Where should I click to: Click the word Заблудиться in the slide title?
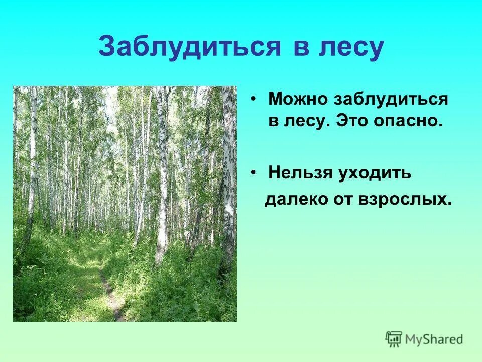(189, 47)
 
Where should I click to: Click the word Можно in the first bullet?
(297, 99)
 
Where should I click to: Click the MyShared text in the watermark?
(435, 339)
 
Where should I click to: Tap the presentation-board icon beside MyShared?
(394, 339)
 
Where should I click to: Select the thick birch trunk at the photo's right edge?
(228, 176)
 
